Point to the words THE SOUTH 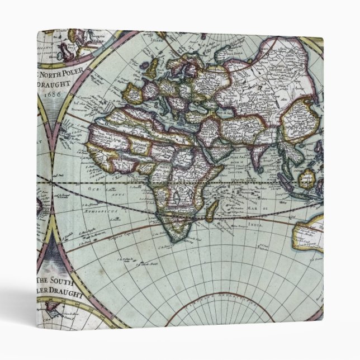(57, 283)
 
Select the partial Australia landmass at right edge (310, 231)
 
